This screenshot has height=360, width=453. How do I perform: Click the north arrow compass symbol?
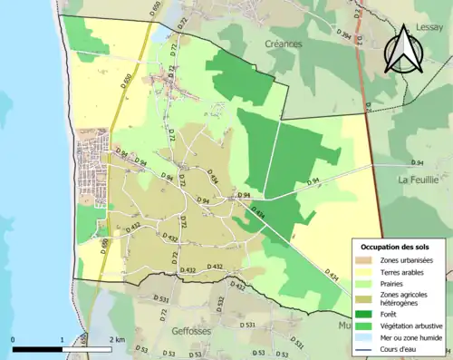point(402,50)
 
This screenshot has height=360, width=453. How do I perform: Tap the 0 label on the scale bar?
point(13,339)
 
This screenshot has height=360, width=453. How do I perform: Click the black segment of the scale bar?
point(37,349)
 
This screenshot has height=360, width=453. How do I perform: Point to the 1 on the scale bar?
point(62,339)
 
